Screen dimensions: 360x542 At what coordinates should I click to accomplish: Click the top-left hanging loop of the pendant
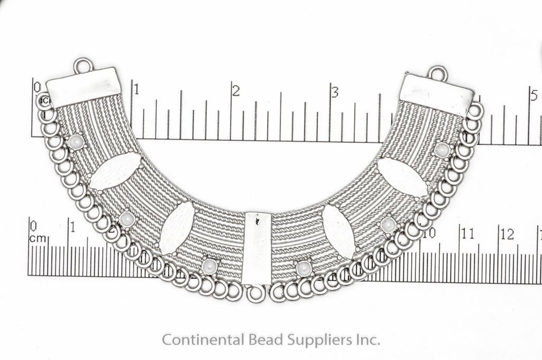pos(84,66)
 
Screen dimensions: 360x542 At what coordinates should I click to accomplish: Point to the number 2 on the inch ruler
pos(236,91)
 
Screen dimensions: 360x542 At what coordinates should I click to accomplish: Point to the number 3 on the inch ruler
pos(335,92)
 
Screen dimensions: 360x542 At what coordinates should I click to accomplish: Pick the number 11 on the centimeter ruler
pos(468,232)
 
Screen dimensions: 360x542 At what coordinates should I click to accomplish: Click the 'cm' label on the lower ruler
pos(38,238)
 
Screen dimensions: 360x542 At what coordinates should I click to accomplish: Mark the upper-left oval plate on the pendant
pos(115,172)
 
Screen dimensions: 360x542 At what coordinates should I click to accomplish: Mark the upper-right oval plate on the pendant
pos(403,177)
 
